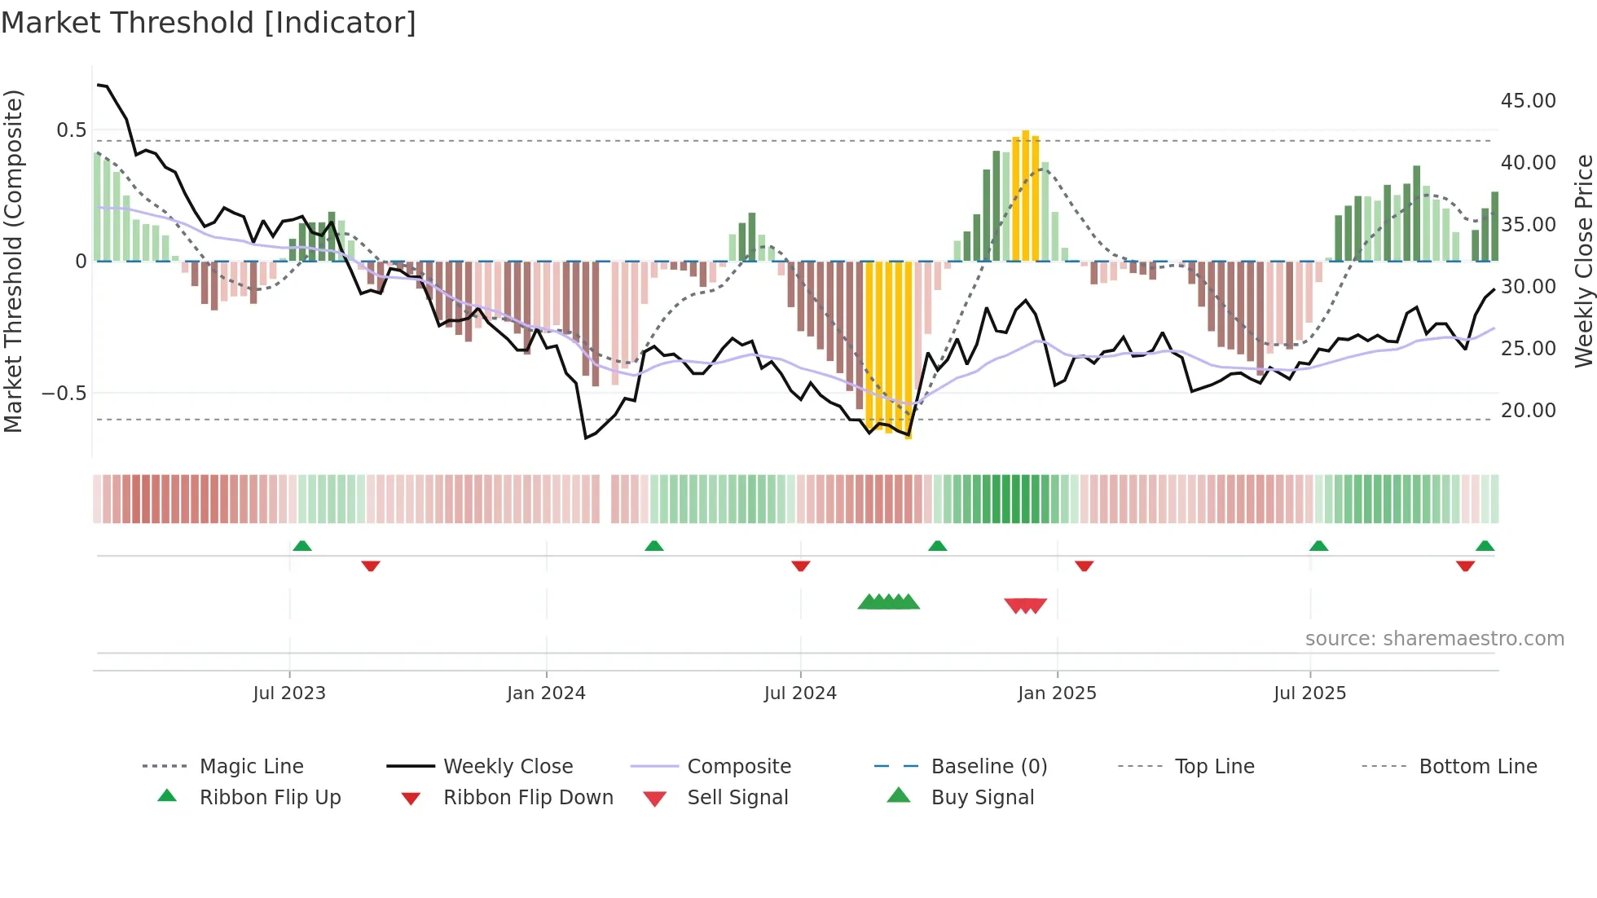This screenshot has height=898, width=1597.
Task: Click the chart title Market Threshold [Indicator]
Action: coord(209,23)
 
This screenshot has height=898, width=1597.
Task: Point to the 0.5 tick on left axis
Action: coord(71,130)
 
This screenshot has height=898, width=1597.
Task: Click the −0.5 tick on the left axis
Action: coord(64,394)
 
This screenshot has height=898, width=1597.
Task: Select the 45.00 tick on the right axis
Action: coord(1528,101)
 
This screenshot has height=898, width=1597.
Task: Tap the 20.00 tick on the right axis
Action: coord(1528,411)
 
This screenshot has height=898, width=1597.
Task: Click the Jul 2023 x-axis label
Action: coord(289,693)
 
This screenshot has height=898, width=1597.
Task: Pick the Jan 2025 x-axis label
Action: coord(1057,693)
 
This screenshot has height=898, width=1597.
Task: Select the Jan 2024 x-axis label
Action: coord(546,693)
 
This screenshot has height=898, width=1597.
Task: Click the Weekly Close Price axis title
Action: coord(1583,261)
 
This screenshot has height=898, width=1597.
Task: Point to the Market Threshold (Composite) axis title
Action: coord(13,261)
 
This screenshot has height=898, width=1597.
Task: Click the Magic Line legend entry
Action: coord(251,767)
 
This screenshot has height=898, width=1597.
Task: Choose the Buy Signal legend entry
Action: coord(982,798)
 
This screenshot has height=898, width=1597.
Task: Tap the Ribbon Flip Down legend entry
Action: coord(528,798)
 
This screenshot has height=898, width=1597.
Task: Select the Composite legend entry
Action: coord(738,767)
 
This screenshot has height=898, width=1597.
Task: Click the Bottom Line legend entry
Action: coord(1477,767)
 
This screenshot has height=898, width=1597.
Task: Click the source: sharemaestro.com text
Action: coord(1434,639)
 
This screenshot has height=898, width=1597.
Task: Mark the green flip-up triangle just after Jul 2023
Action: coord(302,545)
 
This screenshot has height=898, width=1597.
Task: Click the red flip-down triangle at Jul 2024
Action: coord(801,566)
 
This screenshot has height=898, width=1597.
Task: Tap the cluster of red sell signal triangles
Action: coord(1025,605)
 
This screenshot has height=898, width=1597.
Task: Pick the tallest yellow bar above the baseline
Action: coord(1026,196)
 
